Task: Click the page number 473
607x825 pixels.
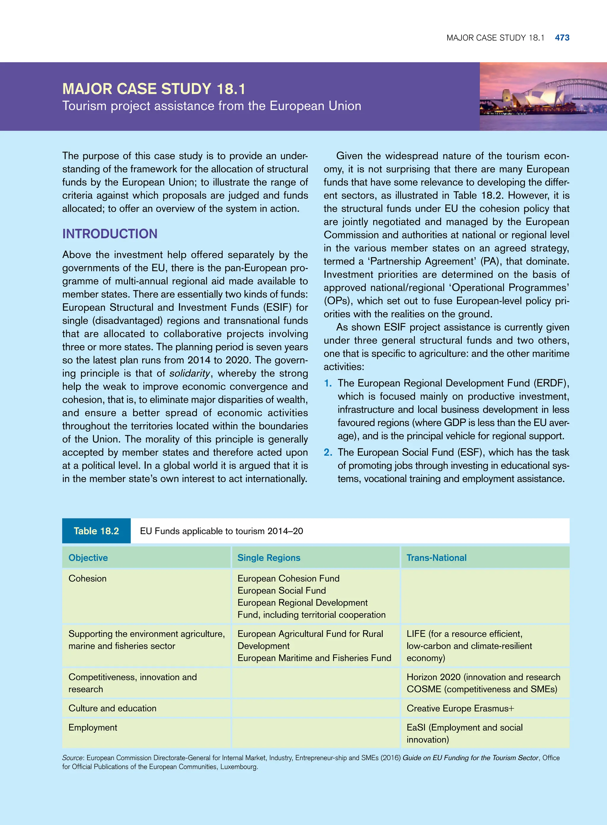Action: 562,37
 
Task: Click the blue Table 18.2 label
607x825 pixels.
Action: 96,531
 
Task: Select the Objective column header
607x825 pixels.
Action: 88,558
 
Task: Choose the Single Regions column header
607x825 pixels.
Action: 269,558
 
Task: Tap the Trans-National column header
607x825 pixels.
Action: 436,558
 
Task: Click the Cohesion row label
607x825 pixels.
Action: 87,578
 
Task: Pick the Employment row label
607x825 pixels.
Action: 92,727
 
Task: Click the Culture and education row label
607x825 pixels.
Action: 112,708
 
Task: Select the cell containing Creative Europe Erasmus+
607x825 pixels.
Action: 460,708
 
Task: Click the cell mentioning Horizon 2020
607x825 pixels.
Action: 483,683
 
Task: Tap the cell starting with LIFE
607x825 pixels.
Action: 469,646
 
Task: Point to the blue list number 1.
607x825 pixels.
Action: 328,383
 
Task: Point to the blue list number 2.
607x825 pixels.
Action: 328,452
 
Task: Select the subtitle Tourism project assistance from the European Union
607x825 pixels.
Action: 212,106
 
